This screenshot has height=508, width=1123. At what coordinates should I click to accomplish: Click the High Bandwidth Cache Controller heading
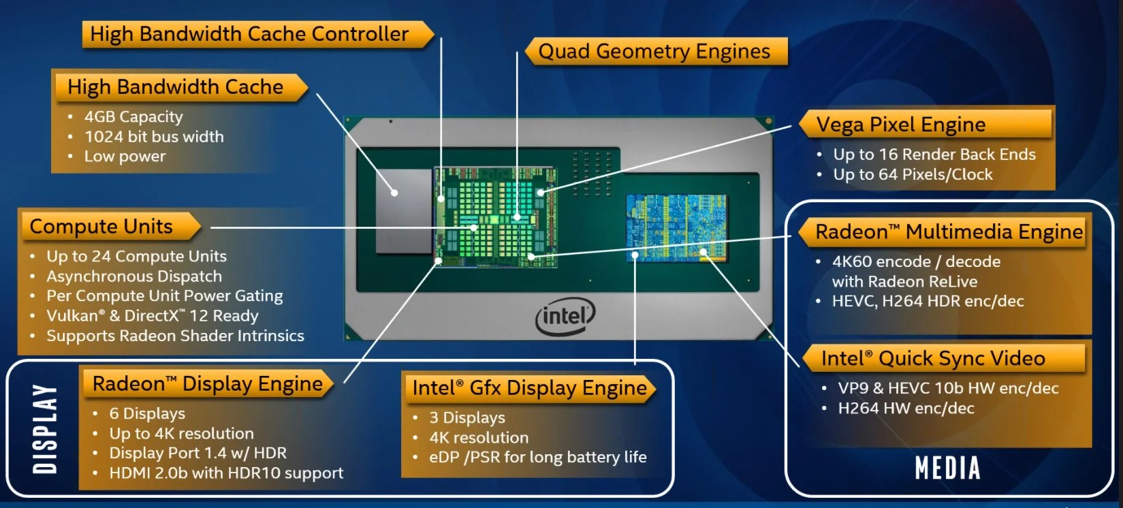(x=249, y=34)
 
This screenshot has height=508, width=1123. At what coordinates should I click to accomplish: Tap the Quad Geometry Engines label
(x=654, y=51)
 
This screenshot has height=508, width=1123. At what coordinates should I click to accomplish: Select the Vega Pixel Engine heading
(x=900, y=125)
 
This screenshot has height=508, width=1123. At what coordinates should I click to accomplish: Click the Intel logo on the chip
(x=565, y=317)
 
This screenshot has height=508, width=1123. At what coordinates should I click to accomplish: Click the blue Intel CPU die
(x=676, y=227)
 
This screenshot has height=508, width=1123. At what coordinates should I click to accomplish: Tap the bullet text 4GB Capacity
(x=133, y=117)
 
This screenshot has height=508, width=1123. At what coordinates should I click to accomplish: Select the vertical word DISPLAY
(x=45, y=428)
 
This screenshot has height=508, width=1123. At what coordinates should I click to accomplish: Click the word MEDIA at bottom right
(x=947, y=469)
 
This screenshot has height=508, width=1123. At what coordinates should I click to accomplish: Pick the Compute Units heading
(x=101, y=227)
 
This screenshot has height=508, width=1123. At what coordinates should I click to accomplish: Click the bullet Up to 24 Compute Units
(x=136, y=257)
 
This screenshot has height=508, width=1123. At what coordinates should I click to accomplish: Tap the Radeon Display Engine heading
(x=207, y=384)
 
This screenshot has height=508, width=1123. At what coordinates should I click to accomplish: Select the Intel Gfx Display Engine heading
(x=529, y=388)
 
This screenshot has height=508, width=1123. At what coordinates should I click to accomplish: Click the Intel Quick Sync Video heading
(x=932, y=359)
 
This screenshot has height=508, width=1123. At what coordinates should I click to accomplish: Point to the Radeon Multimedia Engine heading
(x=949, y=232)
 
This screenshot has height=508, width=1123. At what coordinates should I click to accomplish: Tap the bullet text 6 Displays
(x=147, y=414)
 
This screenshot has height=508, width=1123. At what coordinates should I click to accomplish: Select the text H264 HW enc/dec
(x=906, y=409)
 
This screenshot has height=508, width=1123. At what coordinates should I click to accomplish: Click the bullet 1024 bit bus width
(x=154, y=137)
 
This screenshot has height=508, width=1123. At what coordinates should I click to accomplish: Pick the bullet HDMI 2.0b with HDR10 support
(x=226, y=473)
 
